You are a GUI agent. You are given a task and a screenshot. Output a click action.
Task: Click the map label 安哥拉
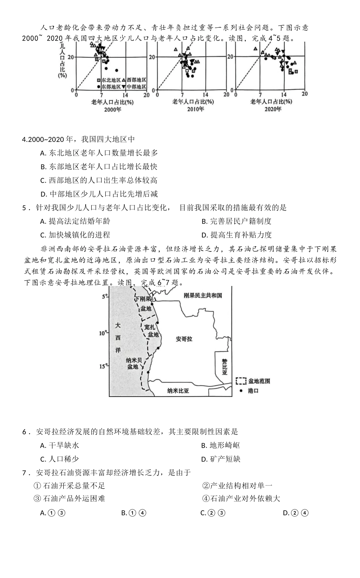[184, 339]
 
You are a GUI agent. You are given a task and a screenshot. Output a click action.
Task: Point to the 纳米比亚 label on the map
[178, 391]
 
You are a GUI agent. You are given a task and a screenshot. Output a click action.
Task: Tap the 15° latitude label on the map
[103, 366]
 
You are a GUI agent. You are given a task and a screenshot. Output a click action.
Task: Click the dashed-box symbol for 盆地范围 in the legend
[241, 381]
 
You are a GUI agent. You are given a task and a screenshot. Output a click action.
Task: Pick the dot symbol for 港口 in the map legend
[241, 391]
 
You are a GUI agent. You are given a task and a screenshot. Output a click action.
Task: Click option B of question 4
[99, 167]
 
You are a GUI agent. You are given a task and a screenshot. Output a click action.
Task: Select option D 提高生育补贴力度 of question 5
[236, 235]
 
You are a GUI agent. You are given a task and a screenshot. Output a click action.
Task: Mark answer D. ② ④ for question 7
[296, 513]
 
